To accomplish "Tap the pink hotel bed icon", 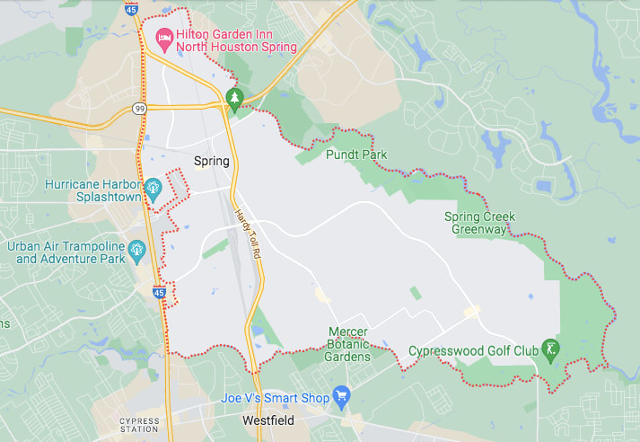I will pyautogui.click(x=163, y=37).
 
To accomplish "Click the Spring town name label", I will pyautogui.click(x=212, y=162).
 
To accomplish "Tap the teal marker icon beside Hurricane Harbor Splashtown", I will pyautogui.click(x=153, y=187).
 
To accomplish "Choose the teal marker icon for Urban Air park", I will pyautogui.click(x=136, y=249).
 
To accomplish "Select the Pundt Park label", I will pyautogui.click(x=355, y=155).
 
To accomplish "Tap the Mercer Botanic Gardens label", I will pyautogui.click(x=349, y=344).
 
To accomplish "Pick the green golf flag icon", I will pyautogui.click(x=550, y=348).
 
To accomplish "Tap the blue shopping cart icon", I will pyautogui.click(x=341, y=395).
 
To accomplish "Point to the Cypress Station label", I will pyautogui.click(x=139, y=425).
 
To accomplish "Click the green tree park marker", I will pyautogui.click(x=234, y=97).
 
